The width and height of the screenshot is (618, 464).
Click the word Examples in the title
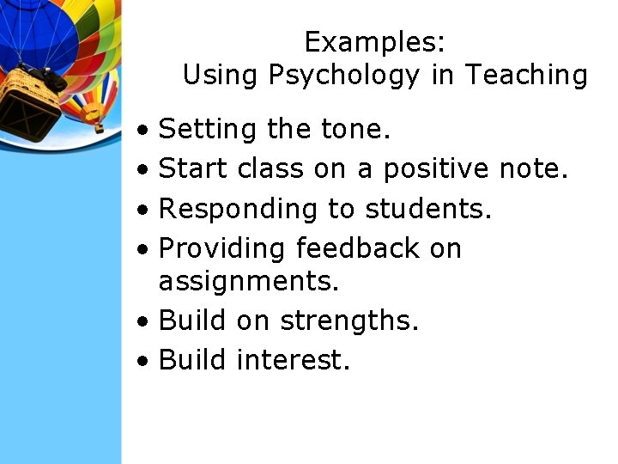coord(374,42)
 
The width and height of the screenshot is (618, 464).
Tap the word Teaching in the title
coord(526,76)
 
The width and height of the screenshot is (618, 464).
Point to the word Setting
coord(208,130)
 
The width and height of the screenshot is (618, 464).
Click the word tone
coord(355,130)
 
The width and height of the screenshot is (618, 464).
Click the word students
coord(428,209)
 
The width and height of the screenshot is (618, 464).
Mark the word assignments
coord(249,281)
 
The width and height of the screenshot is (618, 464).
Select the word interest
coord(293,359)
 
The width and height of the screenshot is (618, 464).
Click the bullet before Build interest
coord(148,360)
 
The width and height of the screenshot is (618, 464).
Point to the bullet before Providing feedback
coord(148,249)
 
